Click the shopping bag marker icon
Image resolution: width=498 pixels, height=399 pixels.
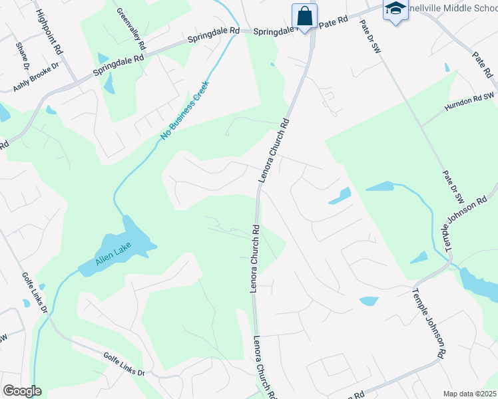click(x=304, y=15)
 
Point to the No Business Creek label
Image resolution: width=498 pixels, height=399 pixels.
click(x=184, y=110)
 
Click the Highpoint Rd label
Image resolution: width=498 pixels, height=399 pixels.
click(x=49, y=31)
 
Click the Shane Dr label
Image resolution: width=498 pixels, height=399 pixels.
click(x=22, y=57)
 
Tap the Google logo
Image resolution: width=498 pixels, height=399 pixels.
click(x=22, y=391)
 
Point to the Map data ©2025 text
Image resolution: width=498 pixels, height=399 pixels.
click(x=470, y=394)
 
